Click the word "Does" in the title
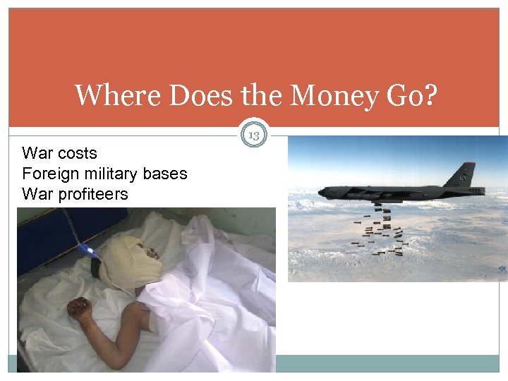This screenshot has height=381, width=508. click(x=186, y=95)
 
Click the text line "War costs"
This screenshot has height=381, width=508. click(x=60, y=153)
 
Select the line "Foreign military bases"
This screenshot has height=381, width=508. click(x=104, y=174)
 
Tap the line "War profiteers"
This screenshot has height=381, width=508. click(x=75, y=193)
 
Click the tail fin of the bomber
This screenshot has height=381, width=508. click(x=468, y=174)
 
